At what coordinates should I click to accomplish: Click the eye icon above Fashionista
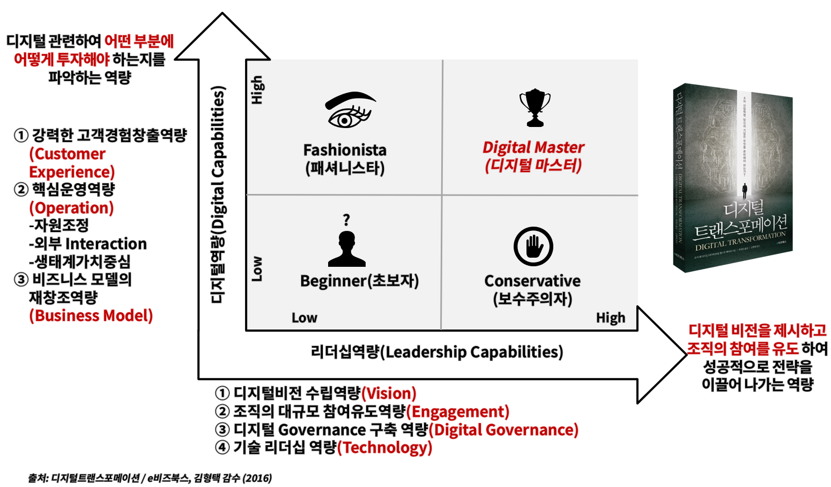pyautogui.click(x=350, y=110)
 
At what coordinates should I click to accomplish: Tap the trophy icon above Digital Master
pyautogui.click(x=535, y=108)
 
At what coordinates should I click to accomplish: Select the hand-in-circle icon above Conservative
pyautogui.click(x=533, y=246)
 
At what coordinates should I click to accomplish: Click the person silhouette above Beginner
pyautogui.click(x=347, y=249)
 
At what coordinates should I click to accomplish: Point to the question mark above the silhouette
pyautogui.click(x=346, y=220)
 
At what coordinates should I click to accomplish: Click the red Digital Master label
pyautogui.click(x=533, y=147)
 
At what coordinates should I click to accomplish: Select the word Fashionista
pyautogui.click(x=345, y=150)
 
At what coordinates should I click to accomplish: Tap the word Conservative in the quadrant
pyautogui.click(x=532, y=281)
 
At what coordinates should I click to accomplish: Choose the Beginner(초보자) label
pyautogui.click(x=359, y=281)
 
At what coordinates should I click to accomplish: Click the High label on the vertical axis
pyautogui.click(x=257, y=89)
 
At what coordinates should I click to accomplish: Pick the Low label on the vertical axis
pyautogui.click(x=257, y=269)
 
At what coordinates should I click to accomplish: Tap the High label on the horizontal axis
pyautogui.click(x=611, y=318)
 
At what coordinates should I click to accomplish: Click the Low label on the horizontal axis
pyautogui.click(x=304, y=318)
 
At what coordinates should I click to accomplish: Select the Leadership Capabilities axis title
pyautogui.click(x=437, y=352)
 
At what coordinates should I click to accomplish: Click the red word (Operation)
pyautogui.click(x=71, y=208)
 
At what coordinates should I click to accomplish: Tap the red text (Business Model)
pyautogui.click(x=91, y=316)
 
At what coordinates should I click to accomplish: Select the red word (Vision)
pyautogui.click(x=389, y=394)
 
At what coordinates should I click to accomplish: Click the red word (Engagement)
pyautogui.click(x=458, y=411)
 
